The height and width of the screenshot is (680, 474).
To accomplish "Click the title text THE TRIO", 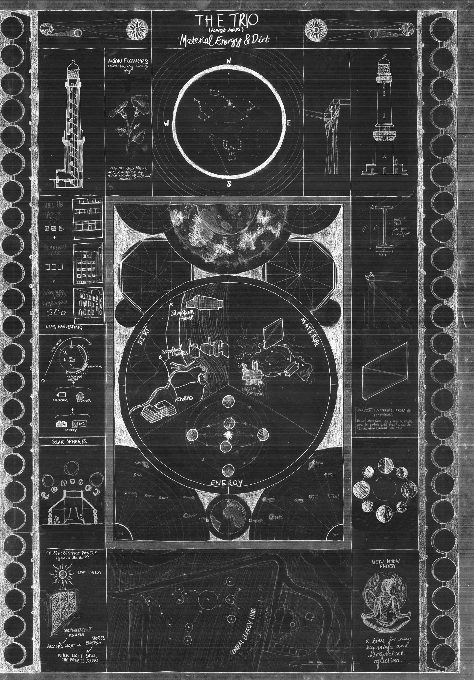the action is [x=227, y=21].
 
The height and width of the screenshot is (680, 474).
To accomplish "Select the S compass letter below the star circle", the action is [x=229, y=184].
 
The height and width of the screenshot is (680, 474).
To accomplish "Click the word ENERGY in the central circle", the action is [x=227, y=483].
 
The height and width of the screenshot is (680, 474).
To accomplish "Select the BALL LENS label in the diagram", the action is [x=72, y=359].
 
